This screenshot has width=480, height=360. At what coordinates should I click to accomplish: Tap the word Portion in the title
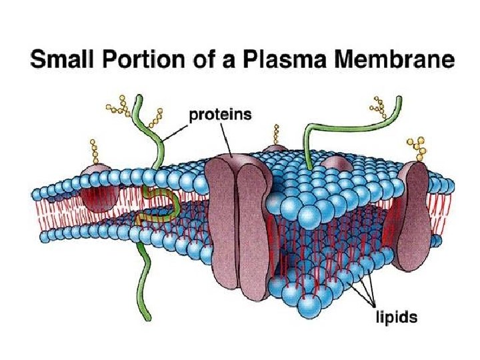click(x=147, y=61)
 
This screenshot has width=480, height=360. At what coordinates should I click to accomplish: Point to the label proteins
click(x=221, y=114)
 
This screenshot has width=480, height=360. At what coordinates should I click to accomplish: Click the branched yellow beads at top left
click(x=122, y=105)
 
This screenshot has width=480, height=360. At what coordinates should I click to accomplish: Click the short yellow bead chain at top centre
click(x=275, y=134)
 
